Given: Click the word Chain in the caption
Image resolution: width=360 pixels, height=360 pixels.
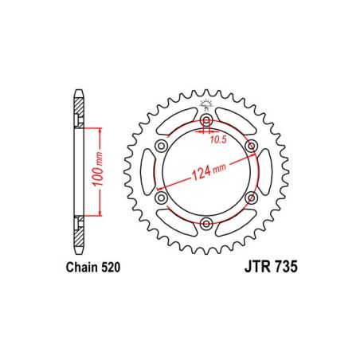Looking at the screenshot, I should pyautogui.click(x=77, y=269).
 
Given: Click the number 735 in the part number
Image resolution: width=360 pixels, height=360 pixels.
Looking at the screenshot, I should pyautogui.click(x=283, y=269).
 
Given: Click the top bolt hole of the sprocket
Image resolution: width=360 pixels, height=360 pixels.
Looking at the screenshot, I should pyautogui.click(x=206, y=121).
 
